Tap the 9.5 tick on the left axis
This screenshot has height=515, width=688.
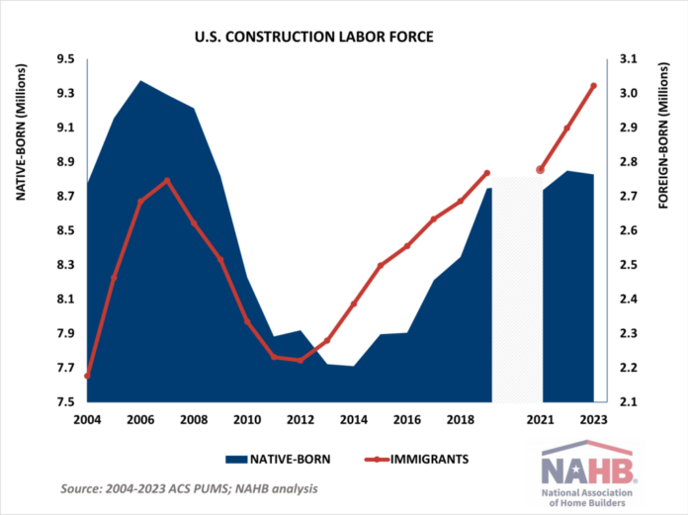click(x=66, y=59)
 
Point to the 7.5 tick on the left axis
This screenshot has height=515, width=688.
click(x=66, y=402)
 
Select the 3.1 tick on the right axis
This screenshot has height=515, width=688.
click(x=629, y=59)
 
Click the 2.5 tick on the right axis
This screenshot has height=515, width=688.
click(x=629, y=265)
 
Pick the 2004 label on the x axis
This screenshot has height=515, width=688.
click(x=87, y=419)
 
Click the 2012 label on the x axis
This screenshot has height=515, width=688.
click(x=301, y=419)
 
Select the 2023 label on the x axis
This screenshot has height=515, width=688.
click(x=593, y=419)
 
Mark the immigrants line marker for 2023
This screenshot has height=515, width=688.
click(x=593, y=86)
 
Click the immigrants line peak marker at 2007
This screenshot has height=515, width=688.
click(x=167, y=181)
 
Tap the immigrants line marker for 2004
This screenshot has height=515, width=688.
click(x=87, y=376)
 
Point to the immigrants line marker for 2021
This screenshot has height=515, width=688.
click(x=541, y=170)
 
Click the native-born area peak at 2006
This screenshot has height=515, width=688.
click(x=140, y=81)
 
